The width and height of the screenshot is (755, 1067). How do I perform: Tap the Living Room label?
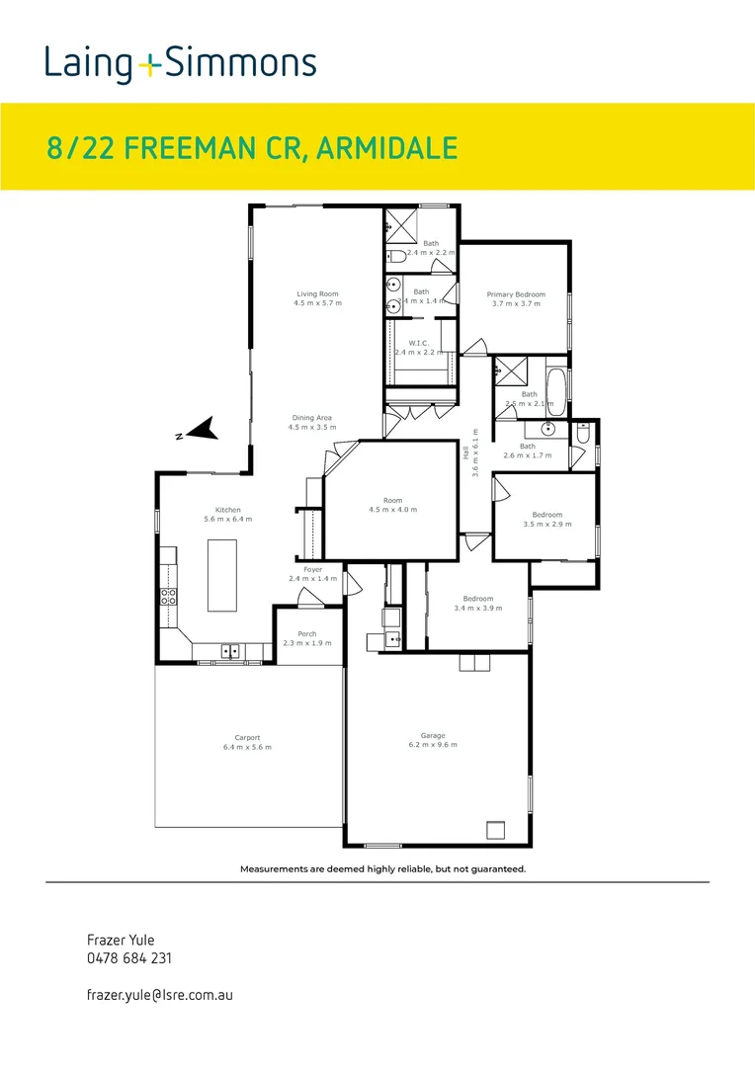pyautogui.click(x=317, y=293)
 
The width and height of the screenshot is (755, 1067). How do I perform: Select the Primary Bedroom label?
pyautogui.click(x=515, y=294)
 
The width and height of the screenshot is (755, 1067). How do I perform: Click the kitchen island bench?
pyautogui.click(x=222, y=575)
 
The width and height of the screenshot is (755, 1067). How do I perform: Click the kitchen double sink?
pyautogui.click(x=231, y=650)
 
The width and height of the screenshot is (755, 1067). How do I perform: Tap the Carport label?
pyautogui.click(x=247, y=737)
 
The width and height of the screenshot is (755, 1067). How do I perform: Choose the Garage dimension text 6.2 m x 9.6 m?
pyautogui.click(x=433, y=746)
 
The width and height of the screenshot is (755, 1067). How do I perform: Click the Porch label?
pyautogui.click(x=307, y=633)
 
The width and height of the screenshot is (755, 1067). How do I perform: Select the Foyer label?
pyautogui.click(x=312, y=569)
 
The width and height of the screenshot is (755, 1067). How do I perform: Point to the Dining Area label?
pyautogui.click(x=311, y=418)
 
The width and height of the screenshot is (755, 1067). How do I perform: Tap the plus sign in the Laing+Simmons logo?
pyautogui.click(x=148, y=65)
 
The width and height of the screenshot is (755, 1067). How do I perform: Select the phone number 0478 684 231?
pyautogui.click(x=129, y=958)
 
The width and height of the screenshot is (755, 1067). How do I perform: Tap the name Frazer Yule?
pyautogui.click(x=122, y=941)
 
